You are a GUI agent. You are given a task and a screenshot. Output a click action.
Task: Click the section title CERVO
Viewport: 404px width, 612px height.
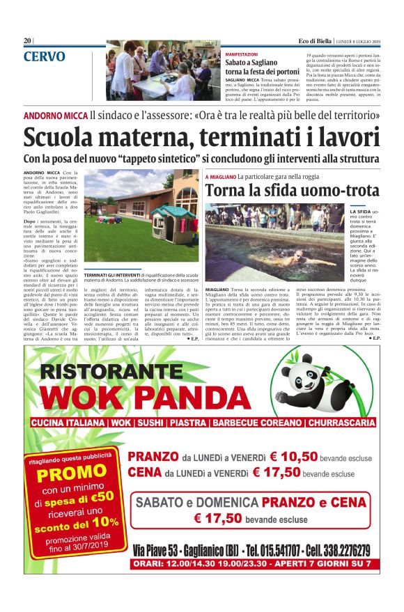coord(44,56)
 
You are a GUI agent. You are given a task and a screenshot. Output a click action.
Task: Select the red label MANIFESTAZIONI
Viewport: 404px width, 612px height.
coord(242,54)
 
